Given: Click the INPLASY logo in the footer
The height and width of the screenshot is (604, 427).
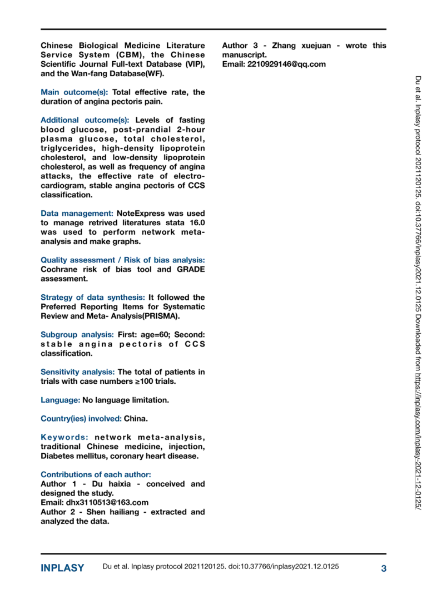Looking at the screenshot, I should pyautogui.click(x=62, y=568).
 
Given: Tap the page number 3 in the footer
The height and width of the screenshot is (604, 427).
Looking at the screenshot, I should pyautogui.click(x=383, y=568).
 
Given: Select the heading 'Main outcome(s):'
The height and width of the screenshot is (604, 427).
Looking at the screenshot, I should pyautogui.click(x=75, y=92).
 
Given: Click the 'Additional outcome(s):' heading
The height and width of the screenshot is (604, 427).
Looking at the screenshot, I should pyautogui.click(x=85, y=120).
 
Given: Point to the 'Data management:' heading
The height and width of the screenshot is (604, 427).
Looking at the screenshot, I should pyautogui.click(x=77, y=214).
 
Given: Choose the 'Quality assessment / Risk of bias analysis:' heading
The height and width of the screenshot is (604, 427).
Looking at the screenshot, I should pyautogui.click(x=122, y=260).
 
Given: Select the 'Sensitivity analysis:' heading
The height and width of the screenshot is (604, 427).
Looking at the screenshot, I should pyautogui.click(x=78, y=372).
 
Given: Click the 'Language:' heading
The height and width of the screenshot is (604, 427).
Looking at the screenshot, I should pyautogui.click(x=60, y=399).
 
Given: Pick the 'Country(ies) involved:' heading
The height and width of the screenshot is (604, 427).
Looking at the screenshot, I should pyautogui.click(x=81, y=418).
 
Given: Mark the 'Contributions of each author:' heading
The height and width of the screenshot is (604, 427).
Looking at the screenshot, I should pyautogui.click(x=96, y=474).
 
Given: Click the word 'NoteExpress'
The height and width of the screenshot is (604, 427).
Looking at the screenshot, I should pyautogui.click(x=141, y=214).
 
